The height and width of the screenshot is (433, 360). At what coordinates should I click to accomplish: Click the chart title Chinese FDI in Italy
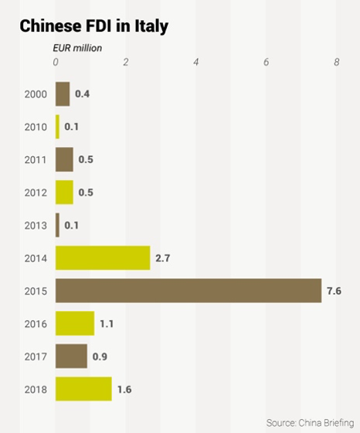[93, 26]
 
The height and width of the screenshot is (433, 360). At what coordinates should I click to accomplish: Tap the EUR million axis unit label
[76, 47]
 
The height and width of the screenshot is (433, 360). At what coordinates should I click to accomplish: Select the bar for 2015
[188, 291]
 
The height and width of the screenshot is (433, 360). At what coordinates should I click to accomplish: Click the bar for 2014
[103, 257]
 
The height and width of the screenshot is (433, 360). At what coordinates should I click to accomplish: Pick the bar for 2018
[83, 389]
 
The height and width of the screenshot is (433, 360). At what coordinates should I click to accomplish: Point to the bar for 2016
[75, 323]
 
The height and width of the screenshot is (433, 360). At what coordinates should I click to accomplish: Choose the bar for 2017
[71, 356]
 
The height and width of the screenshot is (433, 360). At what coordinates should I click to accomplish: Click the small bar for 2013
[57, 225]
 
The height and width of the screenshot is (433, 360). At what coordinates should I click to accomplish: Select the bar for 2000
[63, 94]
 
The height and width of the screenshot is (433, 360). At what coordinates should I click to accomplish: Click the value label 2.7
[163, 258]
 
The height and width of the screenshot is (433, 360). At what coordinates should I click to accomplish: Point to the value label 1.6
[124, 389]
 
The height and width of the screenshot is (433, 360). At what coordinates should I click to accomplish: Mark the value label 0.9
[100, 356]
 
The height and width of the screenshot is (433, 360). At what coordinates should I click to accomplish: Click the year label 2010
[36, 127]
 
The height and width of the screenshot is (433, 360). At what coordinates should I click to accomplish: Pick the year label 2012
[36, 193]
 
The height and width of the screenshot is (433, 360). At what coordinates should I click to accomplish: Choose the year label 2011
[36, 159]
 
